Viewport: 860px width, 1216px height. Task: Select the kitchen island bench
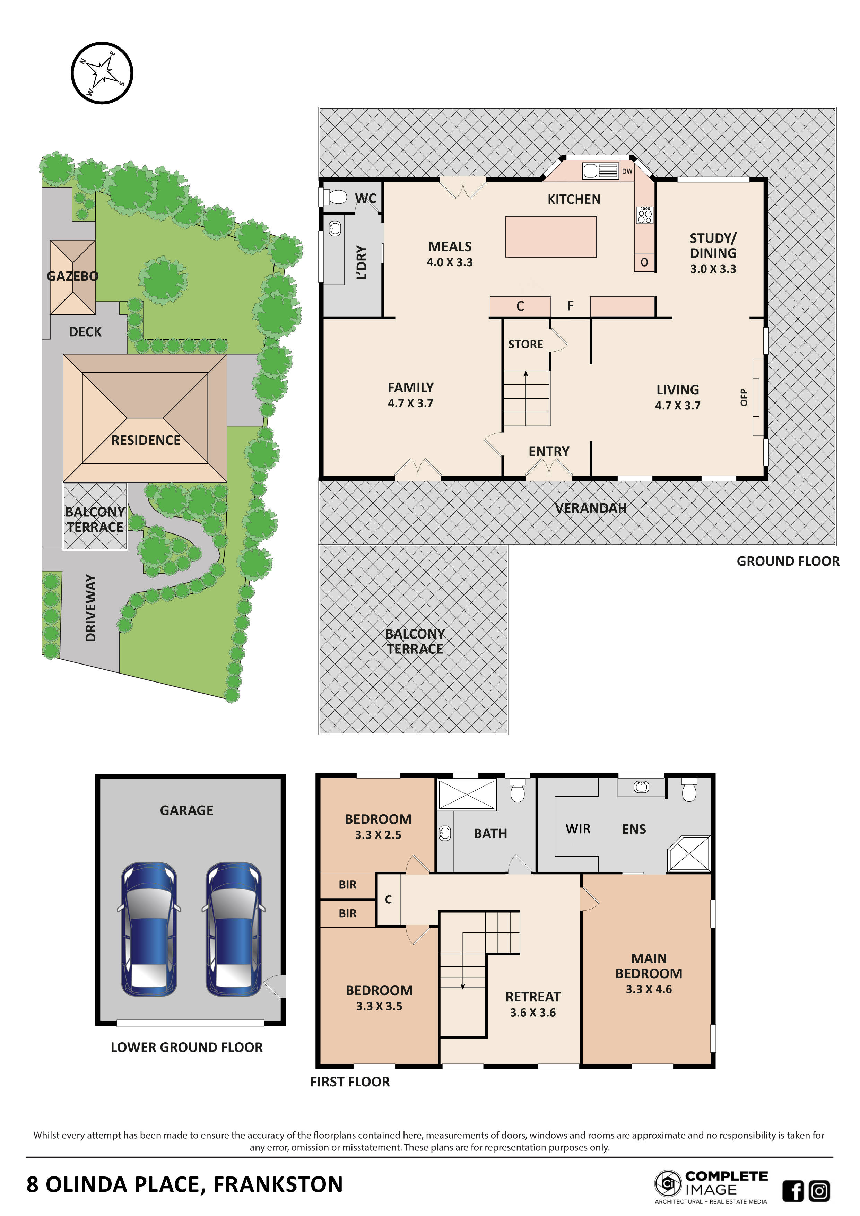pos(551,237)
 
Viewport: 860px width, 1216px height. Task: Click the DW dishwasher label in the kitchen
pos(627,171)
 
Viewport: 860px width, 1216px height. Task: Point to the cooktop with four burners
pos(644,215)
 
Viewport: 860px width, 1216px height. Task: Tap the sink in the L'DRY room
pos(335,229)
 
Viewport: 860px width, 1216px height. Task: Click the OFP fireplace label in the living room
pos(744,397)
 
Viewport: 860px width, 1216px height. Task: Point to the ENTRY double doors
pos(549,469)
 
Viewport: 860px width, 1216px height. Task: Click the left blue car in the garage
pos(149,929)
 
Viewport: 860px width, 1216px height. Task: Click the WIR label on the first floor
pos(578,829)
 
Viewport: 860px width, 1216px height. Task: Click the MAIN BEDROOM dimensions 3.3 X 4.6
pos(649,989)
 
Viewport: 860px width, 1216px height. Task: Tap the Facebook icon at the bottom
pos(793,1191)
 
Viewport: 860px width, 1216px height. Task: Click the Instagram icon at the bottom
pos(819,1191)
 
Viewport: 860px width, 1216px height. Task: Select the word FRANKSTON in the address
pos(278,1185)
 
